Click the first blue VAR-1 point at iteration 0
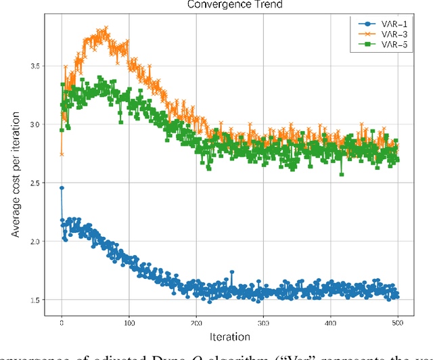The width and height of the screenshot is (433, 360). point(62,188)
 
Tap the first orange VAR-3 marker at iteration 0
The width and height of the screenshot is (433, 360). point(62,154)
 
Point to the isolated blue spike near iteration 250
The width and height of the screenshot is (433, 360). point(231,271)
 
